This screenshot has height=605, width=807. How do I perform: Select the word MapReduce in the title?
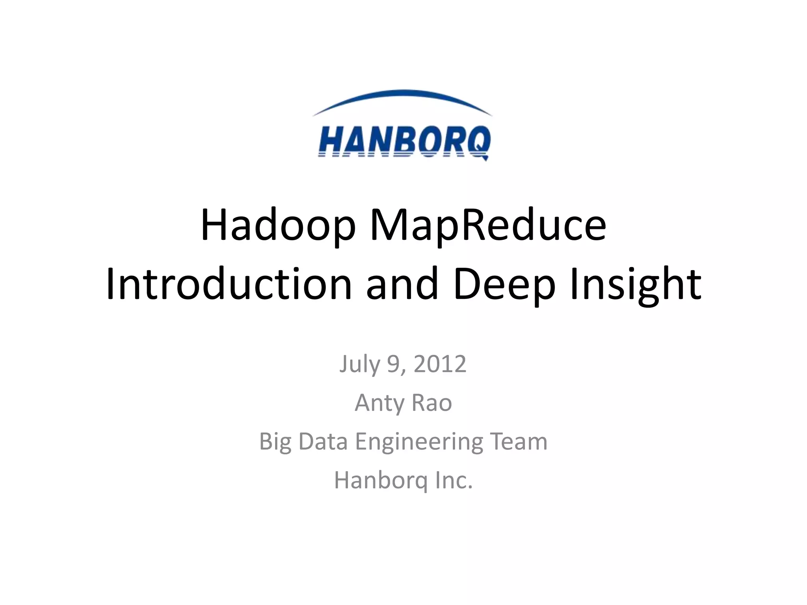pyautogui.click(x=488, y=226)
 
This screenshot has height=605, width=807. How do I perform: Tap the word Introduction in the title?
pyautogui.click(x=229, y=284)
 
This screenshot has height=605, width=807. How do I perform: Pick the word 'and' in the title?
pyautogui.click(x=402, y=284)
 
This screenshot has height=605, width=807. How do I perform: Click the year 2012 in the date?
pyautogui.click(x=440, y=364)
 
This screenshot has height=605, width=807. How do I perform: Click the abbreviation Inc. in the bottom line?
pyautogui.click(x=454, y=481)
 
